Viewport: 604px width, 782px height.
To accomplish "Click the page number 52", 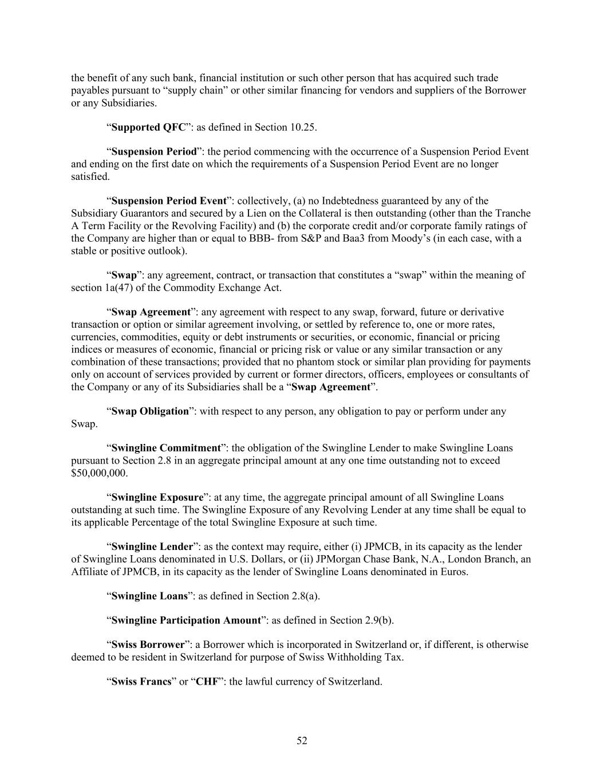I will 302,741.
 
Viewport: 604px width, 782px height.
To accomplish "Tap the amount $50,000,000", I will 99,473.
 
